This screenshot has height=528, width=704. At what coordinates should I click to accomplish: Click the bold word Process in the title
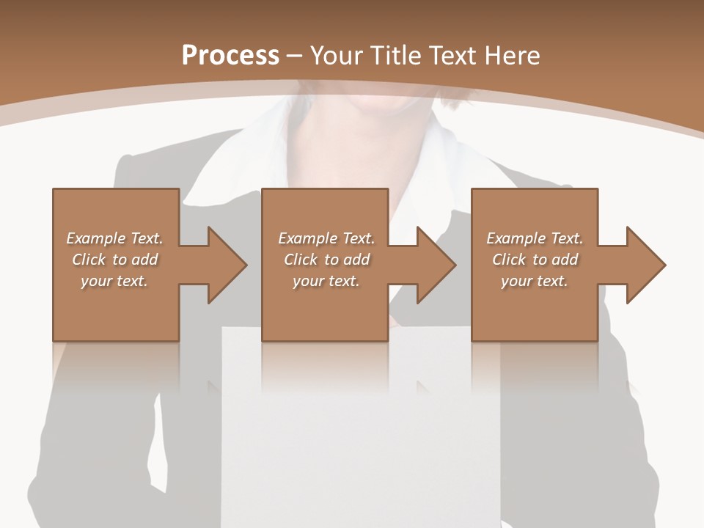tap(230, 56)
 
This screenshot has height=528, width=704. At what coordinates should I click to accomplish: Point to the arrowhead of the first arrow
tap(227, 265)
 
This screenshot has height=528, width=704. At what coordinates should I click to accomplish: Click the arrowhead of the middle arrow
tap(436, 265)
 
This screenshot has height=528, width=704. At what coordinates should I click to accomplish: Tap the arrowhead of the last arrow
tap(646, 265)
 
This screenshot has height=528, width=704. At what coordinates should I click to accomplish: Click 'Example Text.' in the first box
tap(114, 238)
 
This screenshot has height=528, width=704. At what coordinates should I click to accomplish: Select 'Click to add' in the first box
tap(114, 260)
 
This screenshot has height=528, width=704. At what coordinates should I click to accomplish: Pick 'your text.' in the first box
tap(114, 281)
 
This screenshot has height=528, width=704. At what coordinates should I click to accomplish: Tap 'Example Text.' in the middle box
tap(326, 238)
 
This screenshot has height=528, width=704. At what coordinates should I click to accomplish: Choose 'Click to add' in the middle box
tap(326, 260)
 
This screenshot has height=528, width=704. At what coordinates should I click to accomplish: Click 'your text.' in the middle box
tap(326, 281)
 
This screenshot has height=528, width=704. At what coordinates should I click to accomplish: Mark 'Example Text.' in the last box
tap(535, 238)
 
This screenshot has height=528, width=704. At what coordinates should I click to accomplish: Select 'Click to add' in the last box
tap(535, 260)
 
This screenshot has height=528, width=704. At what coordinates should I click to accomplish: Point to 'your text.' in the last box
tap(535, 281)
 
